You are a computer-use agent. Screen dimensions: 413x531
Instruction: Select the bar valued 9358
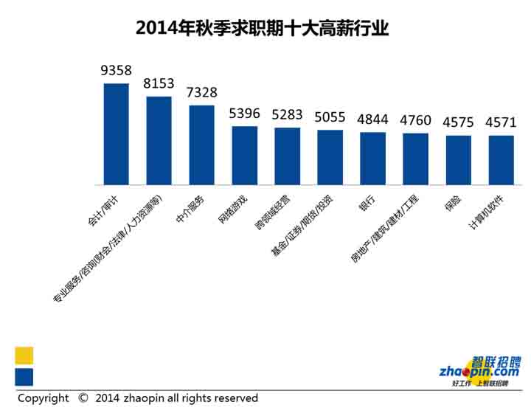(x=116, y=133)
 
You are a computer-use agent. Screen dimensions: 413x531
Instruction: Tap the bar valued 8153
(x=159, y=140)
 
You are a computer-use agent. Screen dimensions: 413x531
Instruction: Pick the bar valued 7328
(x=201, y=145)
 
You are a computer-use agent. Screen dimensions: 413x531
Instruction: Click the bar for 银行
(x=372, y=158)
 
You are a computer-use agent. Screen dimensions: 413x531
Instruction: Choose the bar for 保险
(x=458, y=159)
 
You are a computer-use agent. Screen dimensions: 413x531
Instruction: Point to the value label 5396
(x=244, y=114)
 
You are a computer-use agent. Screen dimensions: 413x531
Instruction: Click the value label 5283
(x=287, y=116)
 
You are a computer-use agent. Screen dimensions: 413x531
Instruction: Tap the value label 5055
(x=330, y=117)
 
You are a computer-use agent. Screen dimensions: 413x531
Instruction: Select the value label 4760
(x=415, y=119)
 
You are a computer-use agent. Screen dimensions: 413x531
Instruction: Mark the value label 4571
(x=501, y=122)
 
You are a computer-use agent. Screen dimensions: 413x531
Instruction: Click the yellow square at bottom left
(x=24, y=355)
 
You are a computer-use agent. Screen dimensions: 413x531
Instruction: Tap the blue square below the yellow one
(x=24, y=378)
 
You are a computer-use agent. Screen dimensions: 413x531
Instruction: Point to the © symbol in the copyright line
(x=83, y=398)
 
